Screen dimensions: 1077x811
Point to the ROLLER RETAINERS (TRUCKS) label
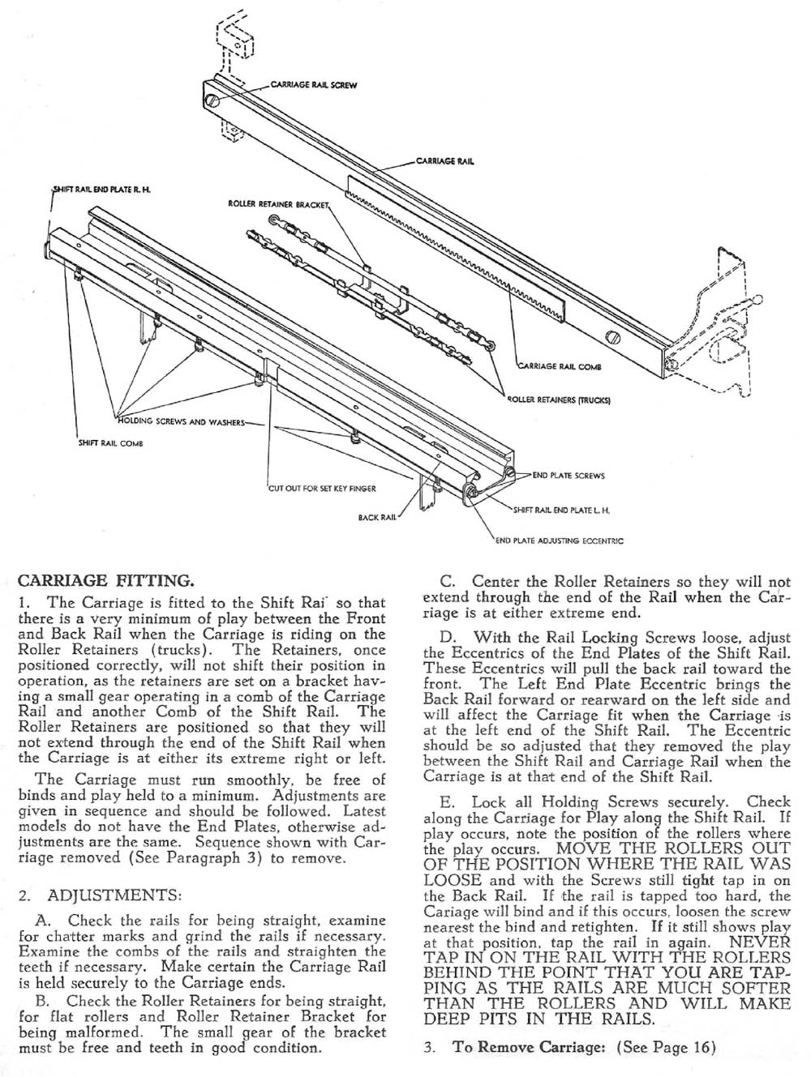pyautogui.click(x=559, y=400)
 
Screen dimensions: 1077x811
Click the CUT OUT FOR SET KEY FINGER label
pyautogui.click(x=322, y=488)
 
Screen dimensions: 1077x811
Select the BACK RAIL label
pyautogui.click(x=376, y=516)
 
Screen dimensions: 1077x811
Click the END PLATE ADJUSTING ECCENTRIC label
pyautogui.click(x=560, y=541)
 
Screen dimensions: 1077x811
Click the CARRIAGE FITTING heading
pyautogui.click(x=105, y=580)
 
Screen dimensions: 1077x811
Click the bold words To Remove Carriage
pyautogui.click(x=529, y=1046)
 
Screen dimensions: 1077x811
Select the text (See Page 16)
pyautogui.click(x=667, y=1046)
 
